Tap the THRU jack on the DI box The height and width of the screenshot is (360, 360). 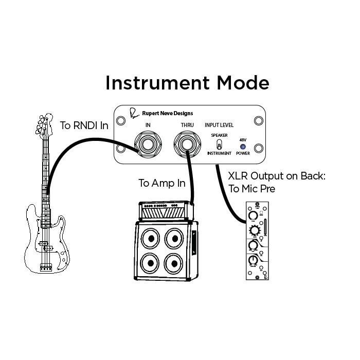(186, 146)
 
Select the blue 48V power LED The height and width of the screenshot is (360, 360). (243, 146)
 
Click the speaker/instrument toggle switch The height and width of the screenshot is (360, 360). (219, 144)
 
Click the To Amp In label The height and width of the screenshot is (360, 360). (162, 184)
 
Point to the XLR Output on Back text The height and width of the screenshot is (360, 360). (278, 176)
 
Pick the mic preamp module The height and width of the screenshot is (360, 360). (256, 241)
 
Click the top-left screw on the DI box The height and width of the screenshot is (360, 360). (120, 121)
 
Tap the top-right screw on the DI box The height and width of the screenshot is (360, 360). (258, 121)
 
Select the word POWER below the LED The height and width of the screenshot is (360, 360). (243, 153)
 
